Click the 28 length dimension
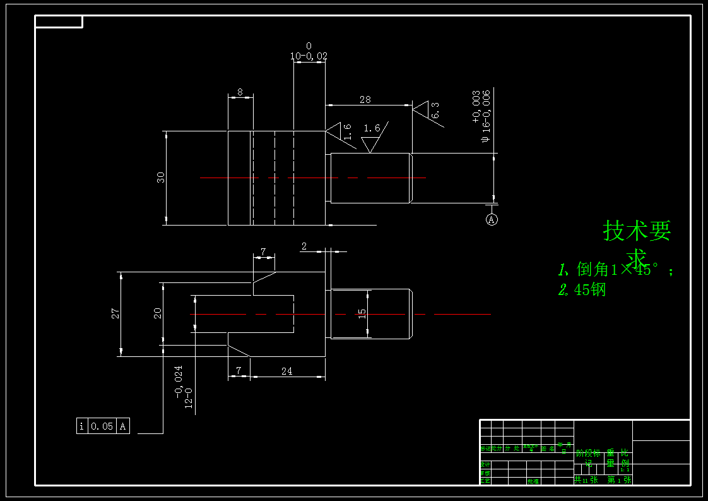coord(365,100)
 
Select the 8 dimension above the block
coord(240,92)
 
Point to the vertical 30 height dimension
coord(161,178)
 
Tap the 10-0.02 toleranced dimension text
coord(309,56)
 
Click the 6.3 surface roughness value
coord(435,111)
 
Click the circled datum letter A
coord(492,219)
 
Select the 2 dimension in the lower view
coord(304,246)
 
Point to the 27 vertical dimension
coord(115,313)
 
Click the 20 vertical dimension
coord(158,313)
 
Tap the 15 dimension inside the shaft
coord(362,313)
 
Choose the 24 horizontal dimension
coord(286,371)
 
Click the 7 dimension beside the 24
coord(239,370)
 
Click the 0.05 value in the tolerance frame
coord(102,426)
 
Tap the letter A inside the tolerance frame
coord(123,426)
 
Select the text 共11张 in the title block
coord(585,480)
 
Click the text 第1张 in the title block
coord(618,480)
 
